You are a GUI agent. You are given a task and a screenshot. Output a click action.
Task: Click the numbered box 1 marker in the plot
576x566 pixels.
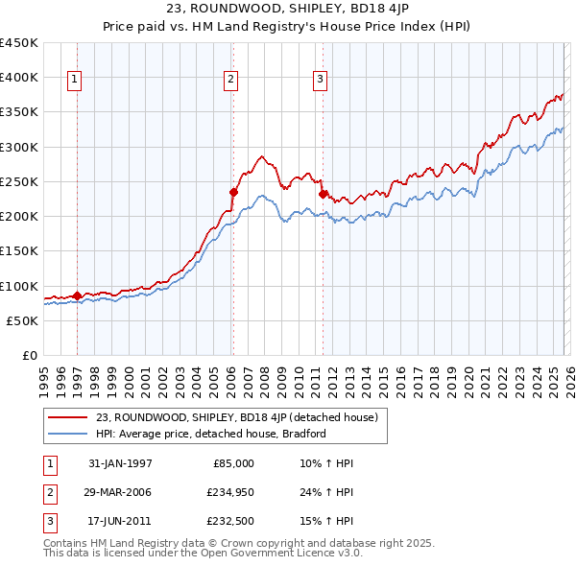pos(75,81)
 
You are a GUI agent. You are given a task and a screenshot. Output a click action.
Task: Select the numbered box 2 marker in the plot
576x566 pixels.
pos(231,81)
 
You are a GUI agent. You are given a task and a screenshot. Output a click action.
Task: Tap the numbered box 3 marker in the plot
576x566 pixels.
pos(321,81)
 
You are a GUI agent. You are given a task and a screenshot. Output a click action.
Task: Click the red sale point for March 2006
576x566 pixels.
pos(233,192)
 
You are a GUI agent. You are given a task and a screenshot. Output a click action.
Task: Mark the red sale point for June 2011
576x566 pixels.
pos(323,194)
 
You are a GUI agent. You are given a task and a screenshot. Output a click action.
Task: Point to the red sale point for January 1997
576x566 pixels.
pos(77,295)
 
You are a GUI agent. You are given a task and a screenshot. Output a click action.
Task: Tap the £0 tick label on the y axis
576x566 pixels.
pos(29,356)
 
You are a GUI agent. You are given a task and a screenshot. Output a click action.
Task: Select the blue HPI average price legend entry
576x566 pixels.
pos(210,434)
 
